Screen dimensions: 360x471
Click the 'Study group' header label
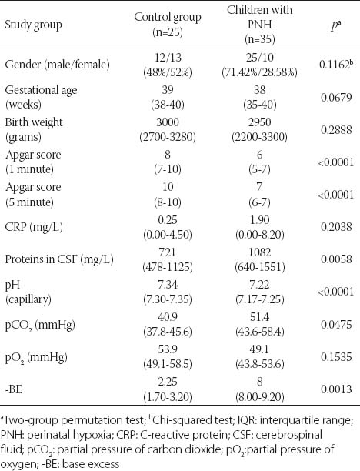(33, 25)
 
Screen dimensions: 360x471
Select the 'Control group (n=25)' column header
(168, 24)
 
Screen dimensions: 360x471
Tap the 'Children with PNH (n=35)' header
(259, 25)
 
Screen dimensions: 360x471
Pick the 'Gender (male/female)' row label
(58, 65)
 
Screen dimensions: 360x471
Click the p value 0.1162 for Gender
(336, 65)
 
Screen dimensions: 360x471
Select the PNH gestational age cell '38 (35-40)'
(259, 97)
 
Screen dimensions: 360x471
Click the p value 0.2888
(336, 130)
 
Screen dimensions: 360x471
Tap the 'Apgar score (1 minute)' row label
(33, 162)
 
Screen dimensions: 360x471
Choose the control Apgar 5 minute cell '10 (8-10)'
(168, 195)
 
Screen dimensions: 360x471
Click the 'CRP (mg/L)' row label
(34, 227)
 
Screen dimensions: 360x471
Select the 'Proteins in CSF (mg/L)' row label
(59, 259)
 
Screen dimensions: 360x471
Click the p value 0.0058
(336, 259)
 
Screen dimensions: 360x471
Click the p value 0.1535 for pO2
(336, 357)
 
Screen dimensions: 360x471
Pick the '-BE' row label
(14, 389)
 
